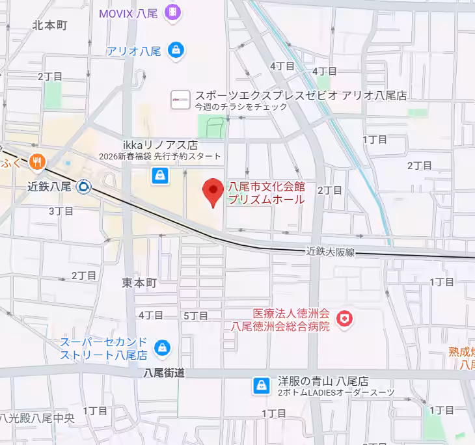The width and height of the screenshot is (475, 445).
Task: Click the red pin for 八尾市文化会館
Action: [x=213, y=191]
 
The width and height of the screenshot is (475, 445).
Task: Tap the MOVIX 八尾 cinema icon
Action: [x=173, y=12]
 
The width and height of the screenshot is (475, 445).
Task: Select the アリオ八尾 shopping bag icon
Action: [x=175, y=49]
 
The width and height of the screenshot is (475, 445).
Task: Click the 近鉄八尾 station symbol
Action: [x=83, y=187]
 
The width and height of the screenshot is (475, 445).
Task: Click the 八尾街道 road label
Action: [x=165, y=373]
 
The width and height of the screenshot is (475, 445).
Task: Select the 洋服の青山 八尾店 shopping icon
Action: [x=262, y=386]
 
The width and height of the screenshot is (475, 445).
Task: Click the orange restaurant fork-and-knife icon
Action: [x=38, y=162]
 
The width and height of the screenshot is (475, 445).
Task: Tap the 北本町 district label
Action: [x=50, y=25]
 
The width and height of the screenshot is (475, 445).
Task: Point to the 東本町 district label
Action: [x=140, y=283]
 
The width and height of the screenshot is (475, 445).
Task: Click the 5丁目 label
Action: [x=196, y=316]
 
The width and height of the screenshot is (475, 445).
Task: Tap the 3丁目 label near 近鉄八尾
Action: [x=61, y=210]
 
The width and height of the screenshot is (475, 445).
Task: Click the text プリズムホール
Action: [x=266, y=200]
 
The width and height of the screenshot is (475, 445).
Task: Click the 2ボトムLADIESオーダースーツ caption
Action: [x=336, y=393]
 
